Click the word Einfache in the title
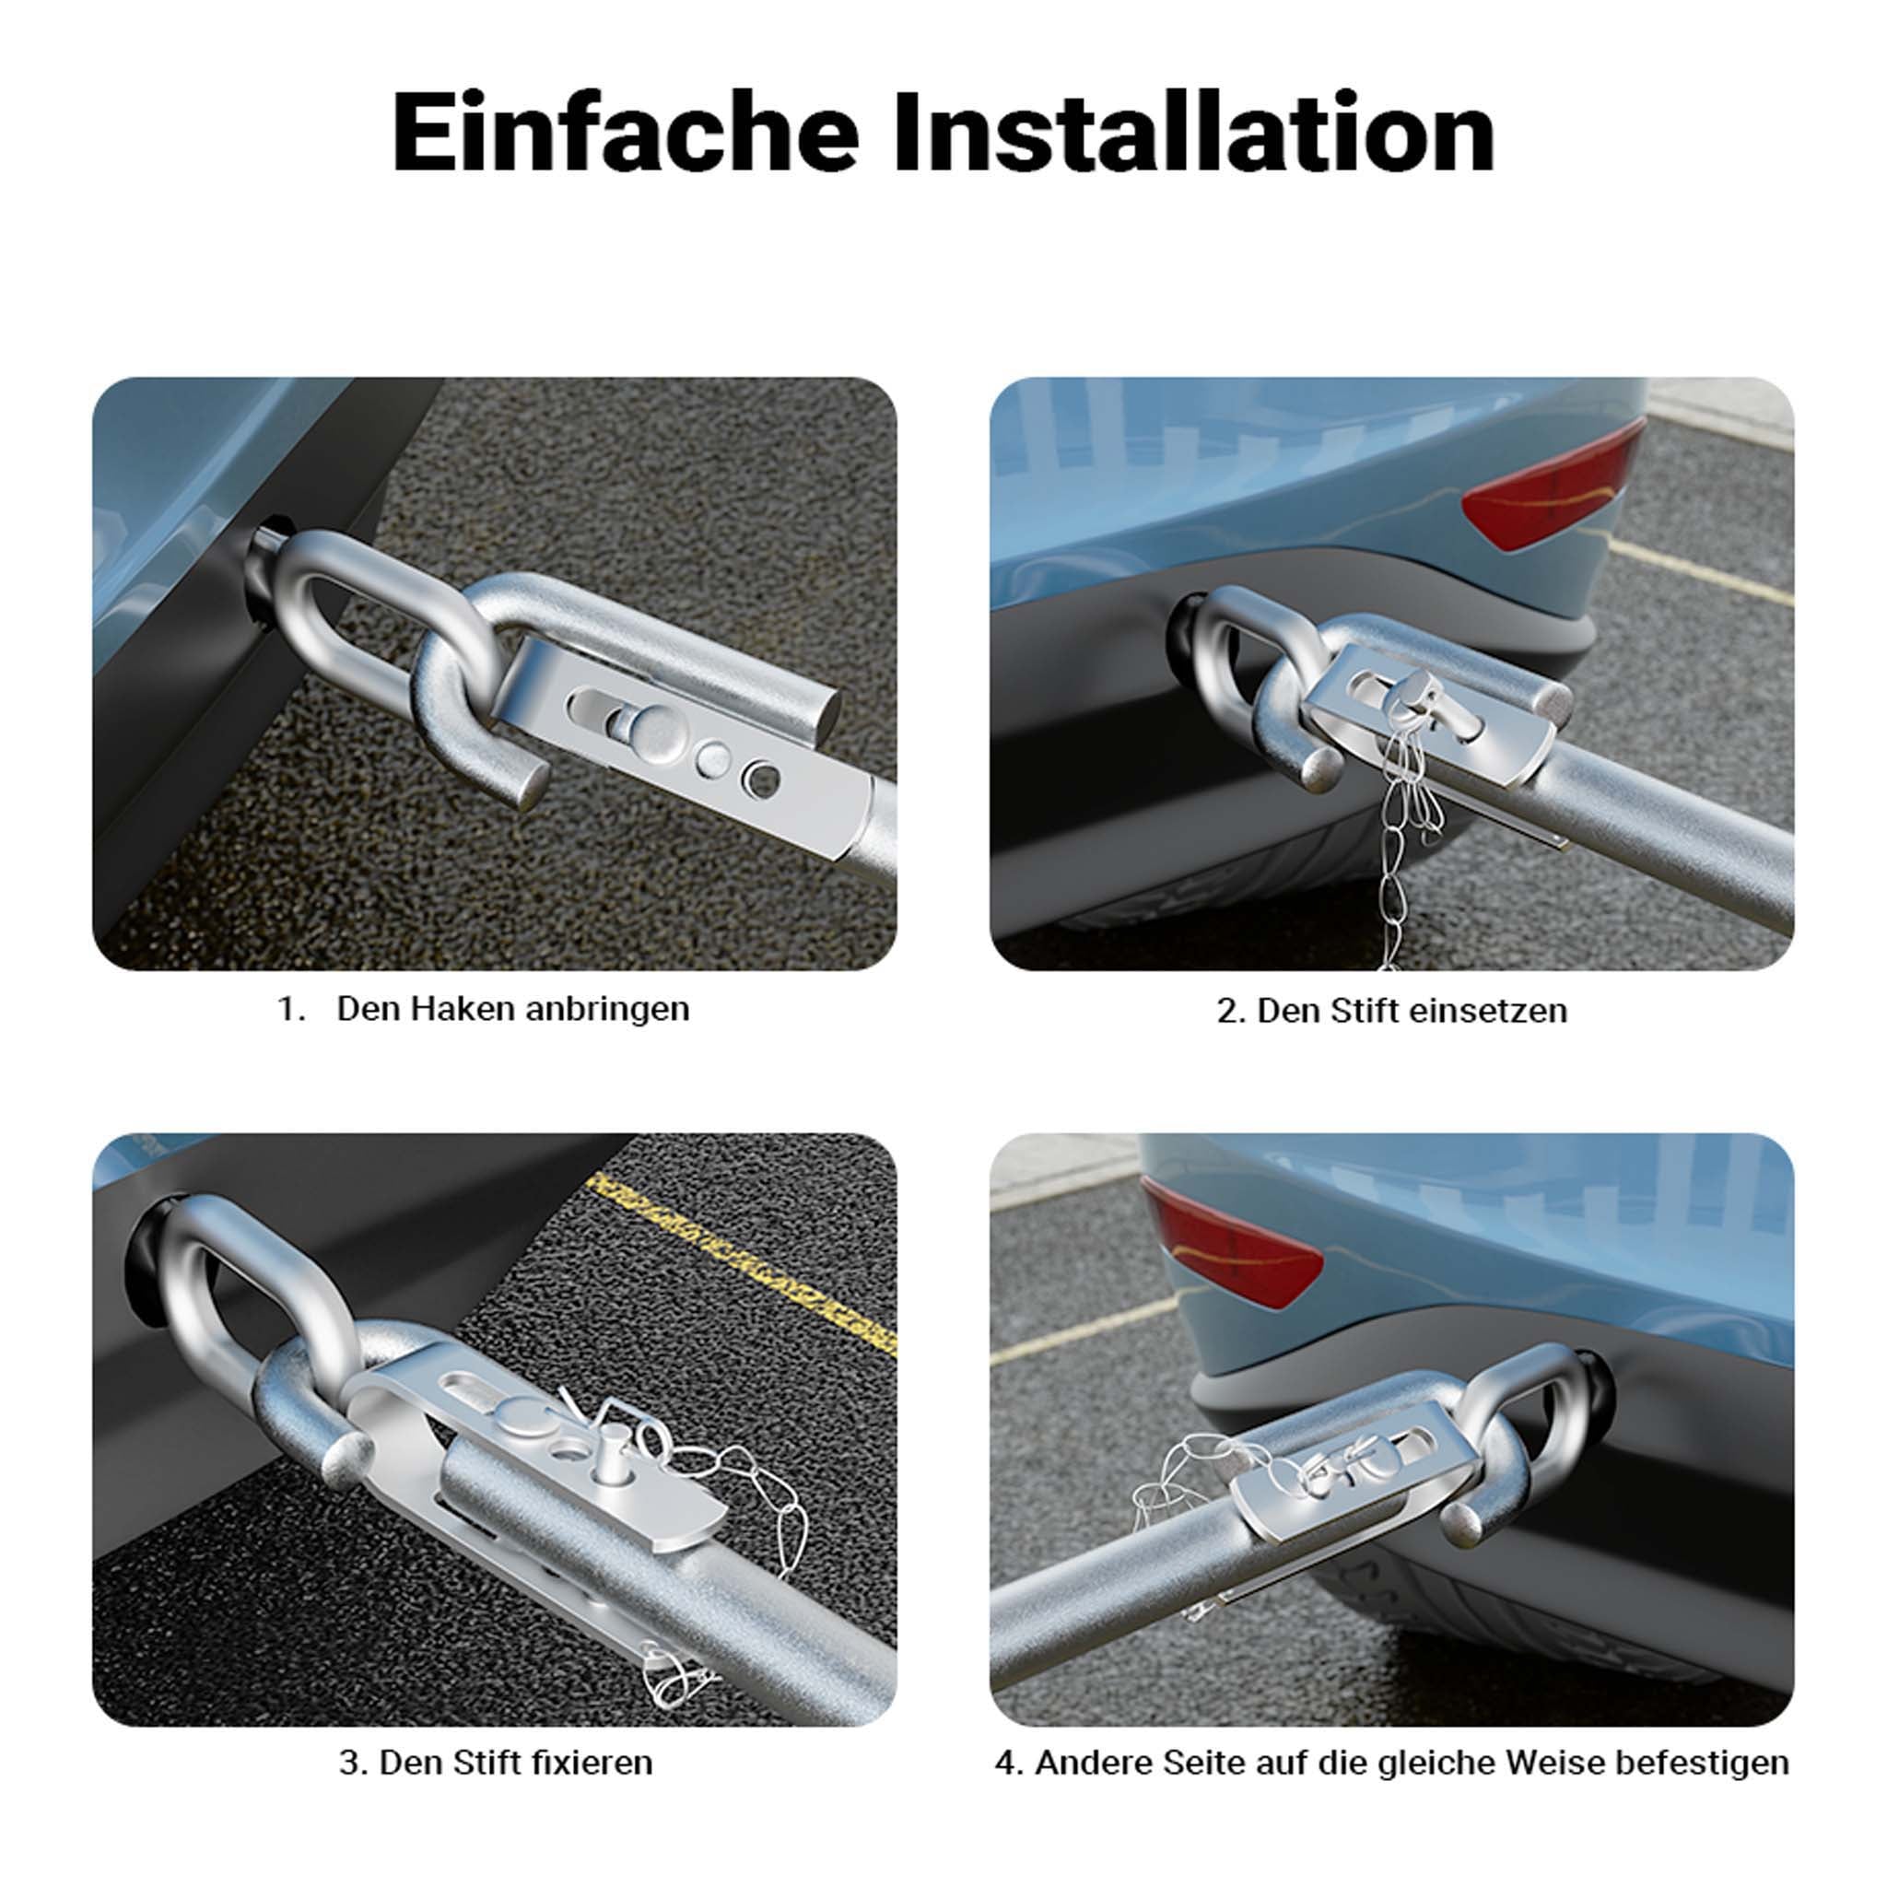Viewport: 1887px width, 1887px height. coord(625,133)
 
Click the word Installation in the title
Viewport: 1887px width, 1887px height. coord(1193,133)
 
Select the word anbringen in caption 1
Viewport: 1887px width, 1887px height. coord(607,1010)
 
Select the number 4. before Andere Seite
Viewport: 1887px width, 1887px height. coord(1010,1763)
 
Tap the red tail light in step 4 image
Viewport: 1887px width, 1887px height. coord(1233,1241)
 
